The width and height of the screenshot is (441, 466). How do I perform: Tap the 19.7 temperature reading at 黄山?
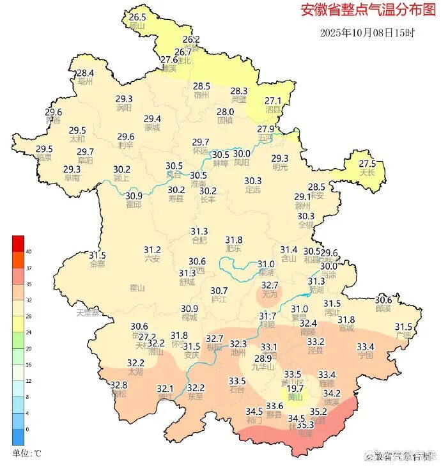pos(295,388)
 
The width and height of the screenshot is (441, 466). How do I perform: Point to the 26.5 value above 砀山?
pos(138,17)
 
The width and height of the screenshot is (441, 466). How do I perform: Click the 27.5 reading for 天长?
pos(367,163)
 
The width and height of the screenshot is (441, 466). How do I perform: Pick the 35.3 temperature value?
pos(306,424)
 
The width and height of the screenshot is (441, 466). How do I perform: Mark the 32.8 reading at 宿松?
pos(119,385)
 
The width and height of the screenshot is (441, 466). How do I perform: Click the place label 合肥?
pos(199,240)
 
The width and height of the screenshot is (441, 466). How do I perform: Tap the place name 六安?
pos(152,259)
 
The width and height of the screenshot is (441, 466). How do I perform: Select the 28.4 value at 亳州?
pos(86,74)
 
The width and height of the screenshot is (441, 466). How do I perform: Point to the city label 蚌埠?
pos(220,163)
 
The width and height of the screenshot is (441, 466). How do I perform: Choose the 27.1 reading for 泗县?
pos(273,101)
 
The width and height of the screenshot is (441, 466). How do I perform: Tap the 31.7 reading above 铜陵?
pos(267,316)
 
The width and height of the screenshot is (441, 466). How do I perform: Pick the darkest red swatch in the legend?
pos(18,244)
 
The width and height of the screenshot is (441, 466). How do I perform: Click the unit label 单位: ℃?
pos(26,453)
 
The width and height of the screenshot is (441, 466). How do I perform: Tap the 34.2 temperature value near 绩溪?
pos(332,393)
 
